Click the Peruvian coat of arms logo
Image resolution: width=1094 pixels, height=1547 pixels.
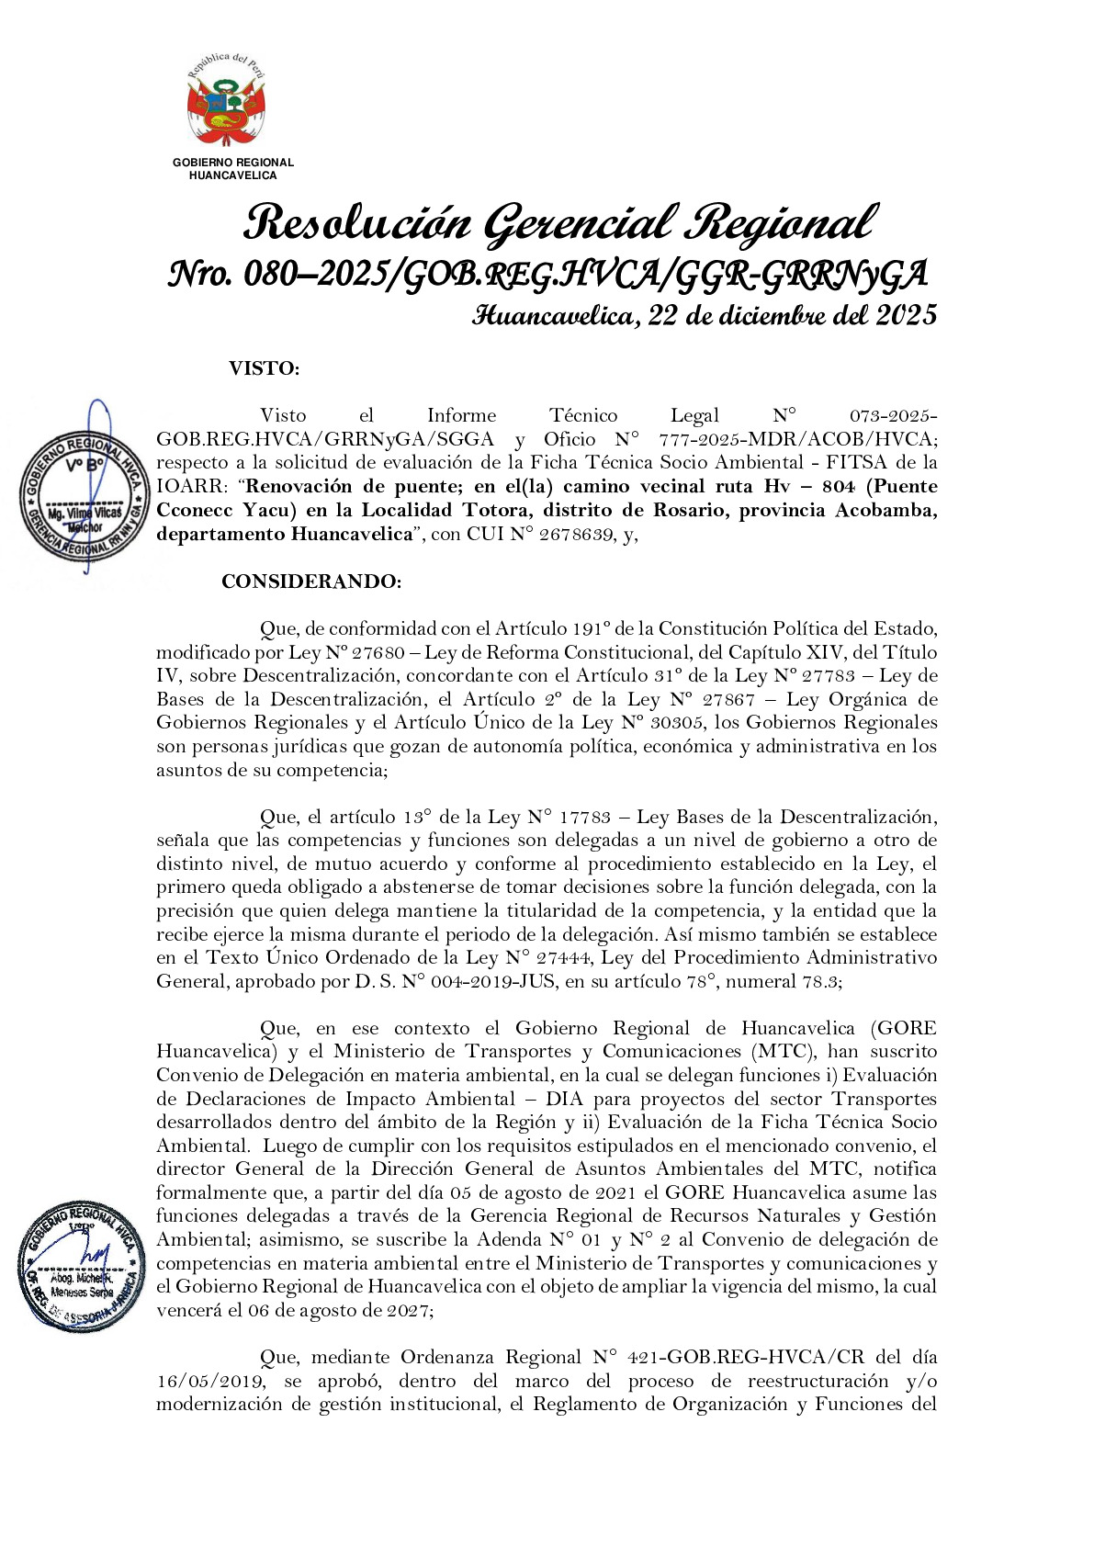(x=226, y=102)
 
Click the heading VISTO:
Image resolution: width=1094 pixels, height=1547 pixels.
(x=264, y=369)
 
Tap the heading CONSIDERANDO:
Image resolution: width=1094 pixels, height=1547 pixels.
(x=310, y=582)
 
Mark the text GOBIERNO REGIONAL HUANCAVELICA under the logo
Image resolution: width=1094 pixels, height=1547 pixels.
(x=233, y=169)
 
